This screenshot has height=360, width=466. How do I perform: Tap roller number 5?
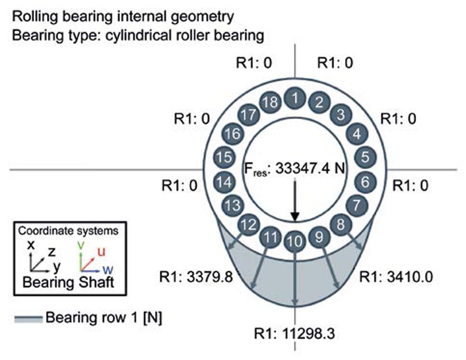click(x=365, y=156)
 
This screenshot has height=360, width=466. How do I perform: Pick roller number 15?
click(x=225, y=157)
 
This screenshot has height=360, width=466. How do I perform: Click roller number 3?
click(x=341, y=114)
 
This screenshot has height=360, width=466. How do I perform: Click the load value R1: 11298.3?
click(x=295, y=333)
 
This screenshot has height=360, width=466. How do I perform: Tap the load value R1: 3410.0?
click(x=396, y=277)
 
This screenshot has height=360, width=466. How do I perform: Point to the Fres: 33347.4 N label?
click(x=295, y=169)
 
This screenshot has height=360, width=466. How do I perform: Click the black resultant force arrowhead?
click(x=295, y=216)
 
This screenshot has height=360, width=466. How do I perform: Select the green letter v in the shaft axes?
click(x=81, y=245)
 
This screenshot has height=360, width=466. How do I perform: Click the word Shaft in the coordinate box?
click(x=96, y=282)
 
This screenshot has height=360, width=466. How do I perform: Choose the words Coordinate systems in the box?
click(x=68, y=230)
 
